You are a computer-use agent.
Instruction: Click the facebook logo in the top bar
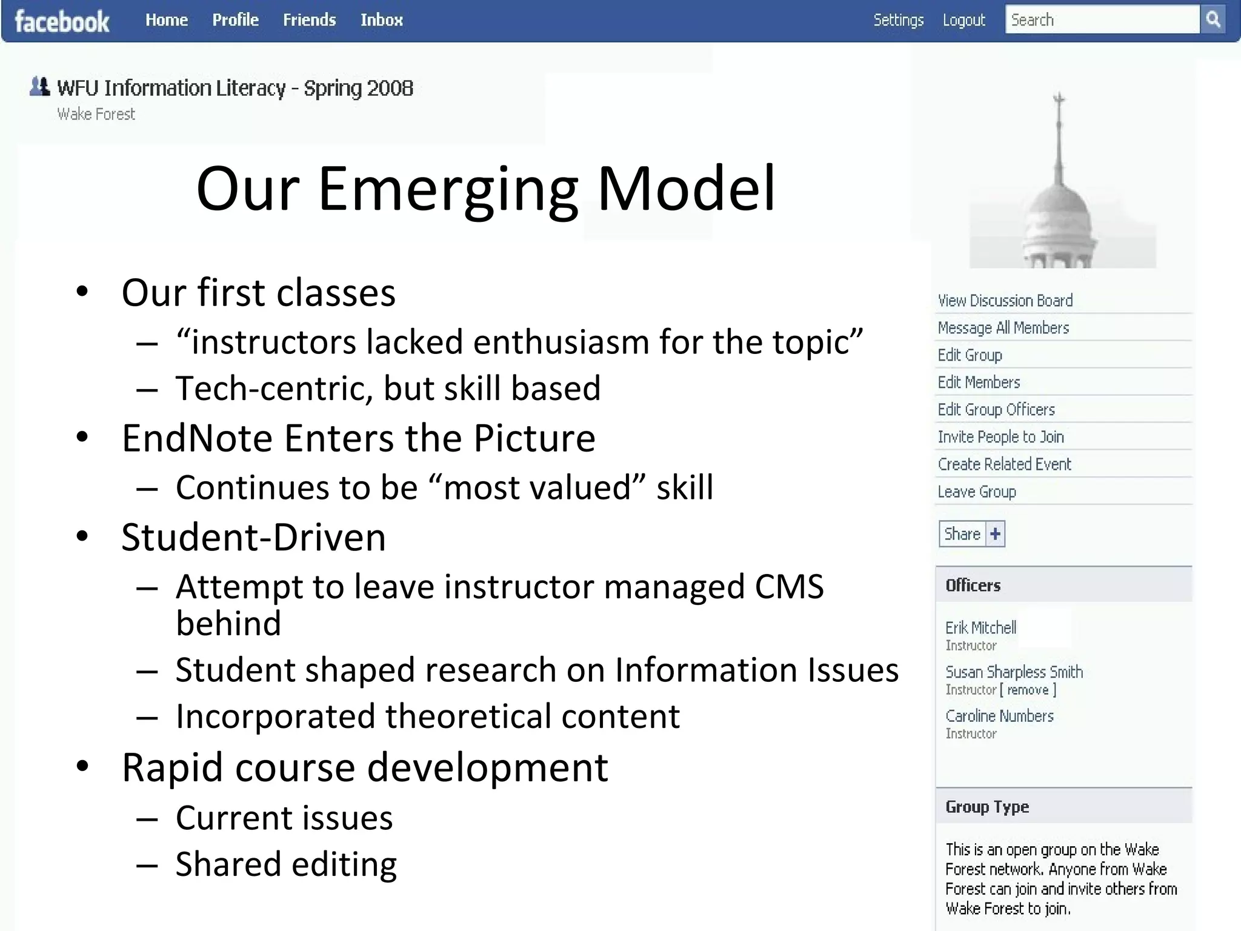62,22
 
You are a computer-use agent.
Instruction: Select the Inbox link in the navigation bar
381,20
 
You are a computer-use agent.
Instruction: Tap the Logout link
963,20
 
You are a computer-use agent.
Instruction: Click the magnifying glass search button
1213,19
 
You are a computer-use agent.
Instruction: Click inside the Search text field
1102,20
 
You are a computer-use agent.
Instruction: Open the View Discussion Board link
1005,301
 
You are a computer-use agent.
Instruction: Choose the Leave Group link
976,492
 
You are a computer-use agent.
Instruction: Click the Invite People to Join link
1000,437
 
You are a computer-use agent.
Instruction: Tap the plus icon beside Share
995,534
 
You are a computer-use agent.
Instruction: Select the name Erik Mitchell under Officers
980,627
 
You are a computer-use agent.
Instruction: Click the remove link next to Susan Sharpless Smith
1028,690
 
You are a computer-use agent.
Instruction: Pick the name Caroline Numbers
999,716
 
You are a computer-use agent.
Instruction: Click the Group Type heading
987,807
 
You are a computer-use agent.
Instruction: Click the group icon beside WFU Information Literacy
39,87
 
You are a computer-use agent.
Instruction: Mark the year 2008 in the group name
390,88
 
